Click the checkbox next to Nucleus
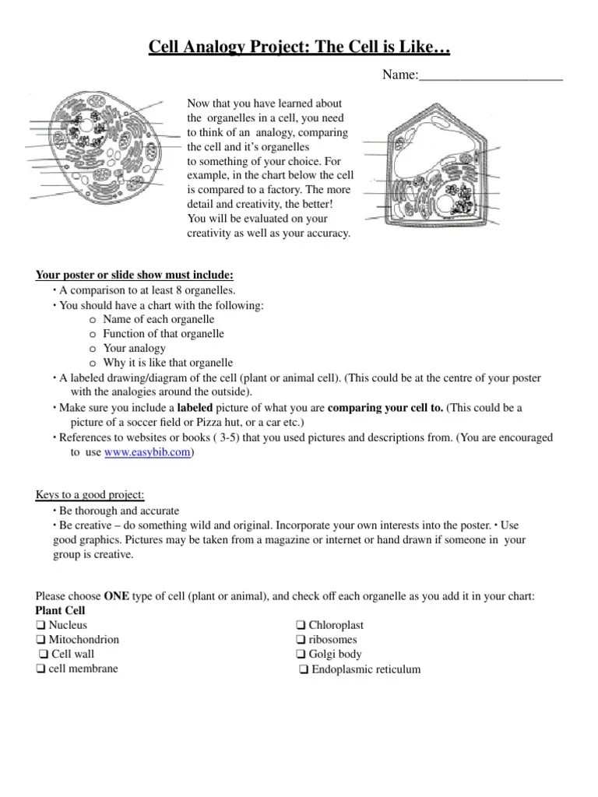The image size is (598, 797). pos(40,625)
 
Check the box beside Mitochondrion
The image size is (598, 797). pos(40,640)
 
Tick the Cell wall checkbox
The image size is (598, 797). pos(44,655)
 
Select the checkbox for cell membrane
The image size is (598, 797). pos(40,669)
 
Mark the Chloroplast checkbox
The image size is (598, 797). pos(301,625)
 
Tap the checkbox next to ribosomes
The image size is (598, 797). pos(301,640)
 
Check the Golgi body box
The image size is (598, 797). pos(301,655)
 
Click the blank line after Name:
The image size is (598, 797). pos(491,75)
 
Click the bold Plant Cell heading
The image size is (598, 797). pos(61,610)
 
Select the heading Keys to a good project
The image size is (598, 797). pos(90,496)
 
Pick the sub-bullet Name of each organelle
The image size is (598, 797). pos(158,319)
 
